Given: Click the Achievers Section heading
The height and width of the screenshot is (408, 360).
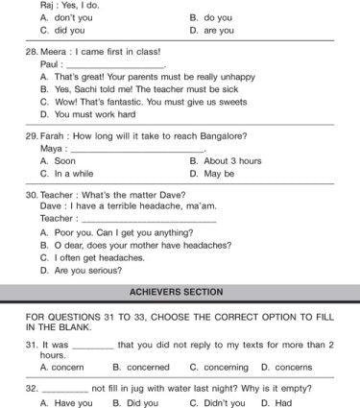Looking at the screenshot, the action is click(x=180, y=292).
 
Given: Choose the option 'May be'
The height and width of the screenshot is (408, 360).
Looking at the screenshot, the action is click(x=220, y=174).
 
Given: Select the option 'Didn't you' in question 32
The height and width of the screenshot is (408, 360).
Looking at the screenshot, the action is click(x=227, y=403).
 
